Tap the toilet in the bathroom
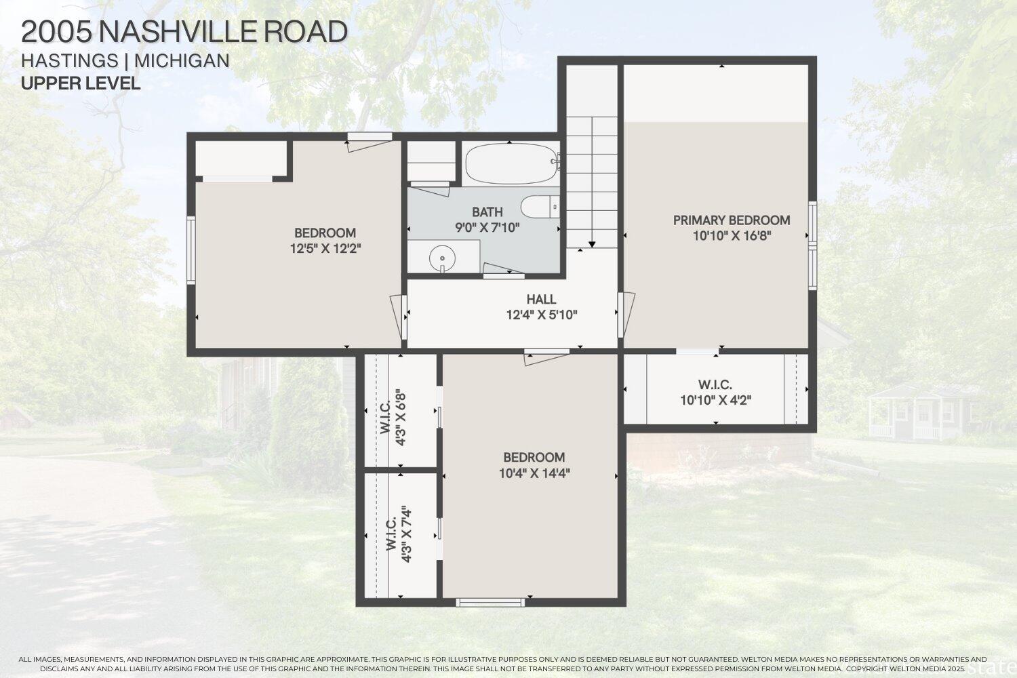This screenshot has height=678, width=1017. coord(540,207)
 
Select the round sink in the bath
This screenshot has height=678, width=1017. coord(442,258)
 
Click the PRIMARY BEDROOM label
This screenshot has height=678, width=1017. coord(732,220)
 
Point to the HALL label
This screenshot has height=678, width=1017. coord(541,299)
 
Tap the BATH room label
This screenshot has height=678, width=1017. coord(487,212)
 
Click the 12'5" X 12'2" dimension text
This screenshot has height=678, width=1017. coord(325,249)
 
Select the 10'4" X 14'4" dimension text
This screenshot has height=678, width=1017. coord(534,474)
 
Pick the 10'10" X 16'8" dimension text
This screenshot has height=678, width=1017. coord(732,236)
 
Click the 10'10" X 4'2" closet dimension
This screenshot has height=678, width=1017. coord(715,401)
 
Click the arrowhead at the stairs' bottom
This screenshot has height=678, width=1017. coord(592,244)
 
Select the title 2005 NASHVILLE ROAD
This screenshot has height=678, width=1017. coord(184,33)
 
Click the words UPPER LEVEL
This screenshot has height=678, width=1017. coord(81,83)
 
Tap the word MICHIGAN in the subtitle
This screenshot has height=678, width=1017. coord(182,61)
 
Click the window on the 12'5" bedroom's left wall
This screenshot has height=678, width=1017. coord(191,251)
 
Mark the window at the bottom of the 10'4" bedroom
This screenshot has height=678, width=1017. coord(490,603)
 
